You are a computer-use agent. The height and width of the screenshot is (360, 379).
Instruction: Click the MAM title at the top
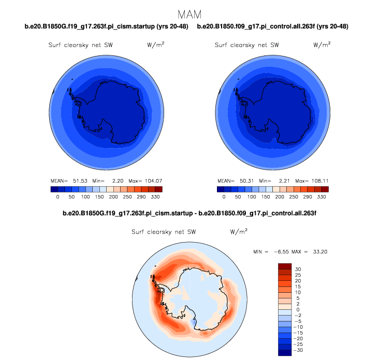189,13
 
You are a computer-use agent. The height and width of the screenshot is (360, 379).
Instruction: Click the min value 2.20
115,181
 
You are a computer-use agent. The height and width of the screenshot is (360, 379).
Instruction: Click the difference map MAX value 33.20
319,251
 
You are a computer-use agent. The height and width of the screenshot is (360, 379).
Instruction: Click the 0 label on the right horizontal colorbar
224,197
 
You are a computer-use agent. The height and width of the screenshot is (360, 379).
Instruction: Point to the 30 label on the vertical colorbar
298,269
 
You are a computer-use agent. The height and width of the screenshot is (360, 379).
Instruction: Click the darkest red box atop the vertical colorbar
285,266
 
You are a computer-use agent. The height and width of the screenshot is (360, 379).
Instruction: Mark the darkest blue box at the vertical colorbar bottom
285,353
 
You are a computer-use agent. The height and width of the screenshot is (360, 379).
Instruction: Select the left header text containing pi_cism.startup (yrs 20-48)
106,26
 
